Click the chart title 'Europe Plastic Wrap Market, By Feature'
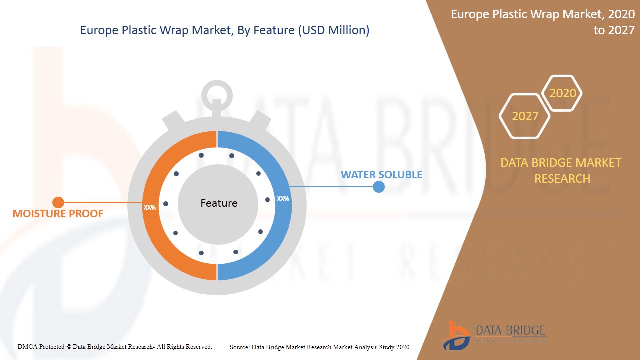click(x=225, y=30)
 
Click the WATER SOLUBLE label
click(x=381, y=175)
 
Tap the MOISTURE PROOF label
click(x=58, y=214)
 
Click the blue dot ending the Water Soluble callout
click(x=379, y=187)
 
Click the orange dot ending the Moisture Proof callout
click(x=58, y=202)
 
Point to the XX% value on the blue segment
click(x=283, y=198)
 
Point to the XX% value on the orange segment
click(x=150, y=207)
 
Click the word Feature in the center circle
click(x=219, y=203)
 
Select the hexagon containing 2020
click(x=562, y=93)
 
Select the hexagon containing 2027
click(x=525, y=116)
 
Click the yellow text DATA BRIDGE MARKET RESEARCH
click(x=562, y=171)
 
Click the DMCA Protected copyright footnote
click(x=115, y=346)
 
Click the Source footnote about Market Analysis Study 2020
click(x=319, y=347)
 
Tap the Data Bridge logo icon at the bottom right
click(x=455, y=335)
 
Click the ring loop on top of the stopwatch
click(x=217, y=92)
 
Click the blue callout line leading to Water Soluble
click(x=332, y=187)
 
